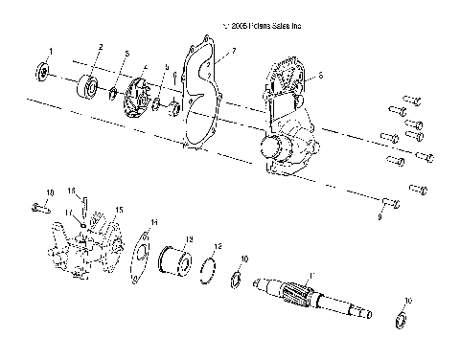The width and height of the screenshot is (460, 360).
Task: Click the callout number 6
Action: pos(320,74)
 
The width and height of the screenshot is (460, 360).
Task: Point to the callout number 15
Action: pos(120,208)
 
